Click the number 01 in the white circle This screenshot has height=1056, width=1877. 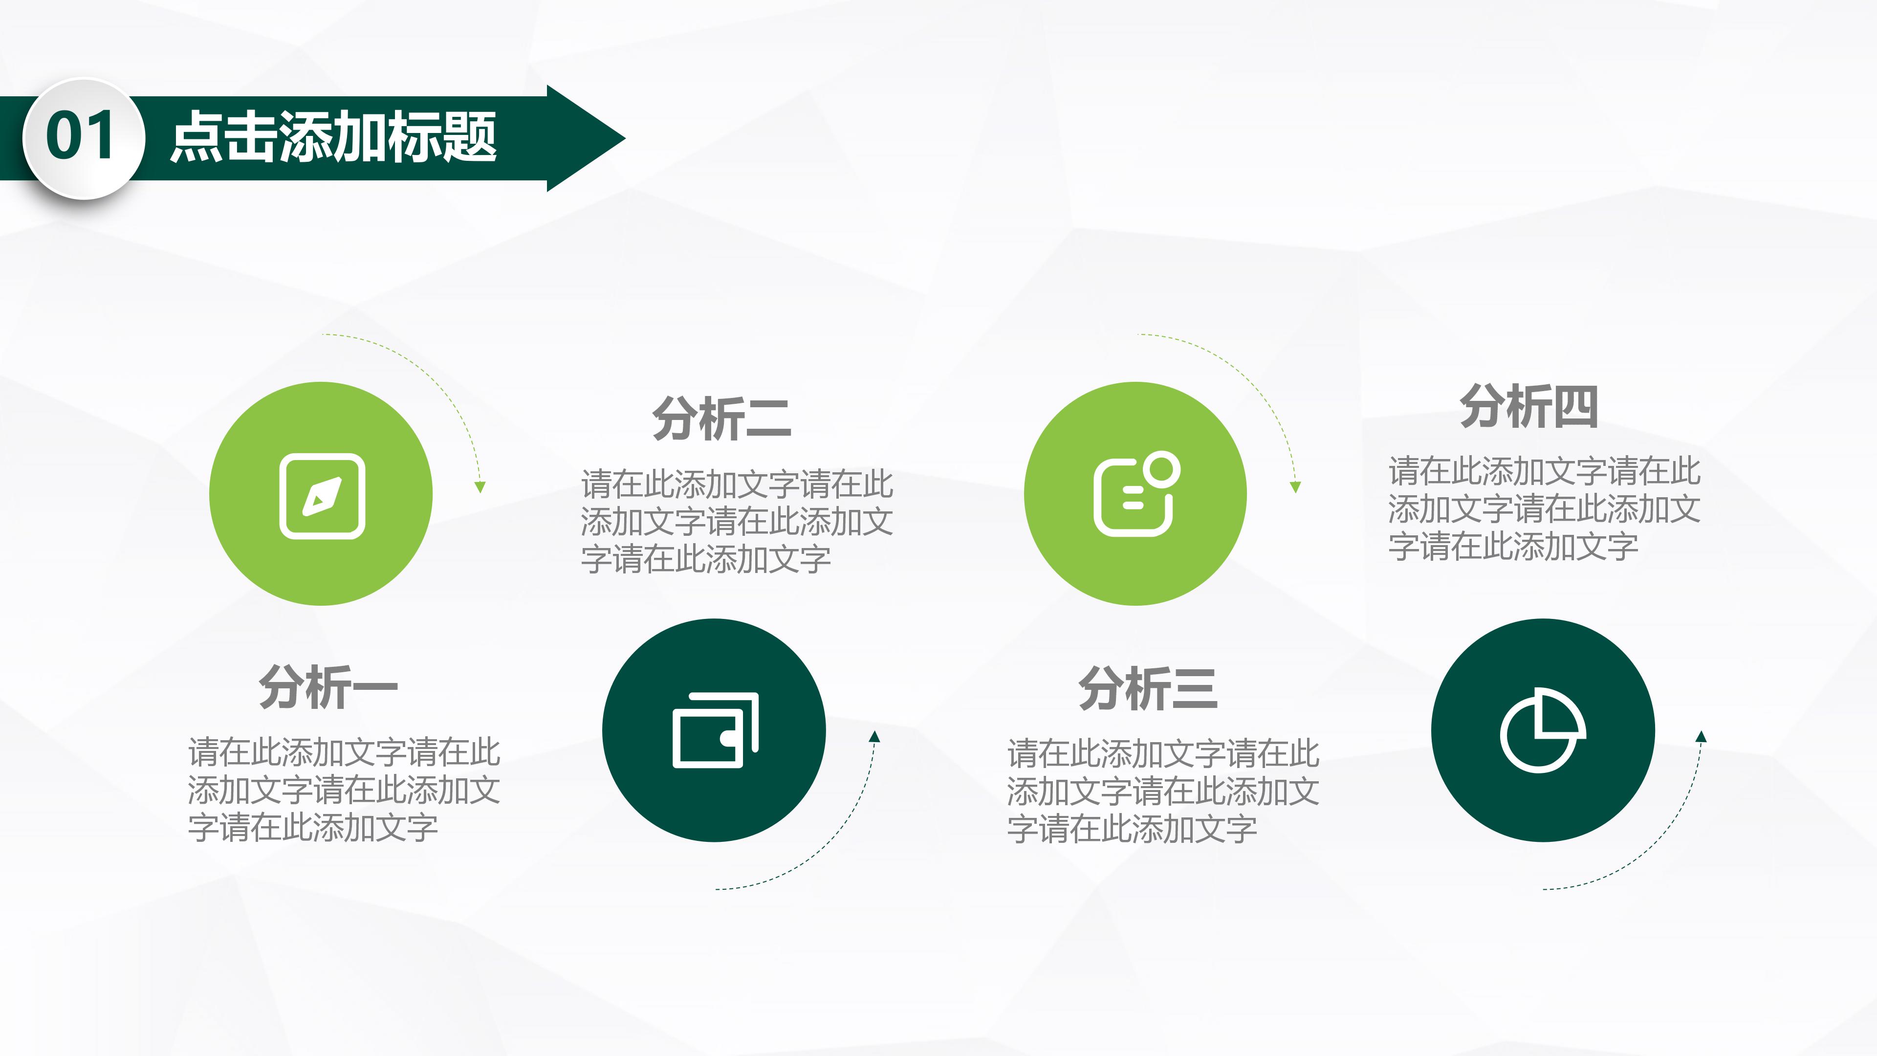[x=80, y=136]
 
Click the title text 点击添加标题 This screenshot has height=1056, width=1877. [x=334, y=137]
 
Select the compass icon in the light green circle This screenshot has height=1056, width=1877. [x=322, y=496]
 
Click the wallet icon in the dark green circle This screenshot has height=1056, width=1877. [x=715, y=730]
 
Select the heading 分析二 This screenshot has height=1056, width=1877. [x=721, y=418]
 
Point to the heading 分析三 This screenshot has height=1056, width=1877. [x=1148, y=687]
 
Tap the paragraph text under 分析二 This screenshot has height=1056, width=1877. [x=737, y=522]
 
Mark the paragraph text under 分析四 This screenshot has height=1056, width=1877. [x=1544, y=508]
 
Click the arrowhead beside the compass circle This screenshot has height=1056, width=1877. [x=480, y=487]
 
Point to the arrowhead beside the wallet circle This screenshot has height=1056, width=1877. [x=874, y=737]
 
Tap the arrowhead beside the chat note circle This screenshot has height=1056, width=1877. [x=1295, y=487]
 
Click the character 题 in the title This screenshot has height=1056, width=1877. [x=470, y=137]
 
